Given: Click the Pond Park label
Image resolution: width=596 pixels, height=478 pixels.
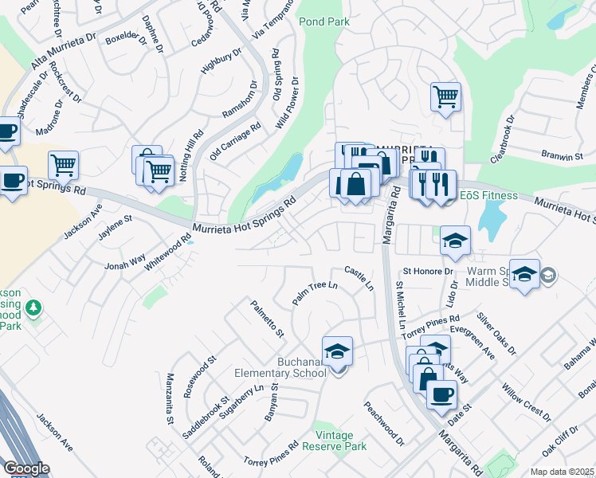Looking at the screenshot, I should point(324,22).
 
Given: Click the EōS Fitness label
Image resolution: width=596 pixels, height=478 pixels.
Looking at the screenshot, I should point(488,195).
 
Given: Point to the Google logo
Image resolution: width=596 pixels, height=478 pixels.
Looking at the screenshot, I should point(25,468).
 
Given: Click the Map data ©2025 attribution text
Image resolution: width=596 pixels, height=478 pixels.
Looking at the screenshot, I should point(562,472).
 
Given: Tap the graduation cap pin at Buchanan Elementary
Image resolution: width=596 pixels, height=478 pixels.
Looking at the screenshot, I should point(337,351).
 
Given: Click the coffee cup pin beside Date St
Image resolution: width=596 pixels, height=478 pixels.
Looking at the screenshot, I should point(441,394).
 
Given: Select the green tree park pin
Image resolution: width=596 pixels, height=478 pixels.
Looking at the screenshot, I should point(33,307).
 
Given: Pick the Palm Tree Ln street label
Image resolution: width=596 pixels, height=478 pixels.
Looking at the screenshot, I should point(316,292).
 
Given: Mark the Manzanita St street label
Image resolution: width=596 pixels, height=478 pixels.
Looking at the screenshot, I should point(170,398).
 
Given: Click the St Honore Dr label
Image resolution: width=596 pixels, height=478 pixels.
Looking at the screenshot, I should point(428,272).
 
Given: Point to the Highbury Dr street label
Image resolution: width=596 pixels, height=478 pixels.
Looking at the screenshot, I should point(221,61).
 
